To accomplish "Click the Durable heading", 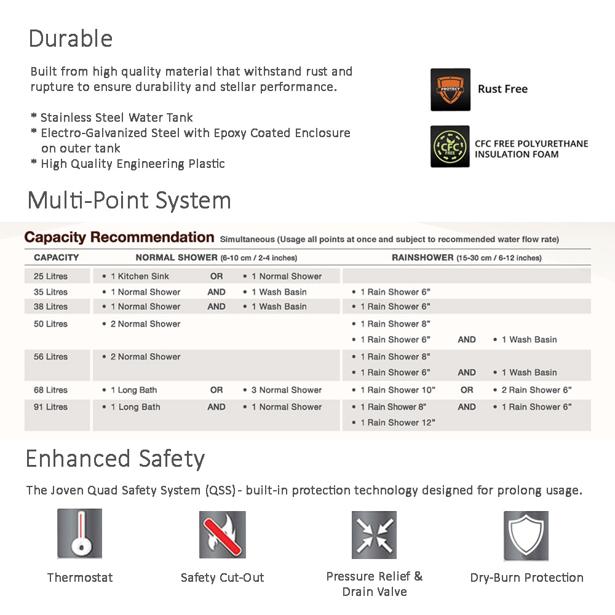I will coord(71,39).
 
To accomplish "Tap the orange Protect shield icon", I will coord(450,89).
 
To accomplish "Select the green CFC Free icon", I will coord(450,146).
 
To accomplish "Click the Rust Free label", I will coord(502,89).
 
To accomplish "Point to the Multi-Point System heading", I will coord(129,200).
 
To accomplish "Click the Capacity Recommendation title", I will coord(119,237).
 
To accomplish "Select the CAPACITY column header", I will coord(56,258).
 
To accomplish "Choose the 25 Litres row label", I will coord(50,276).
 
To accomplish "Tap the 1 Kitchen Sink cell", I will coord(140,276).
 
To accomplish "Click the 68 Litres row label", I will coord(50,390).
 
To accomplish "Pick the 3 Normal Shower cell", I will coord(287,390).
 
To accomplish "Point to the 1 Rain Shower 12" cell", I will coord(397,423).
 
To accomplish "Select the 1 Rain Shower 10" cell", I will coord(397,390).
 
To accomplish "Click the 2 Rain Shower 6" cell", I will coord(536,390).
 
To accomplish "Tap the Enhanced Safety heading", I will coord(115,459).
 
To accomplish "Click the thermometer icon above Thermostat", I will coord(79,533).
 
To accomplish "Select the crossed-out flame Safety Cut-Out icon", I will coord(222,534).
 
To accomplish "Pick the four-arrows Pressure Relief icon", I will coord(374,534).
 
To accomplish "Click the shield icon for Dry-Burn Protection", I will coord(526,536).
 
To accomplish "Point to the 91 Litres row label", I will coord(50,407).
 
